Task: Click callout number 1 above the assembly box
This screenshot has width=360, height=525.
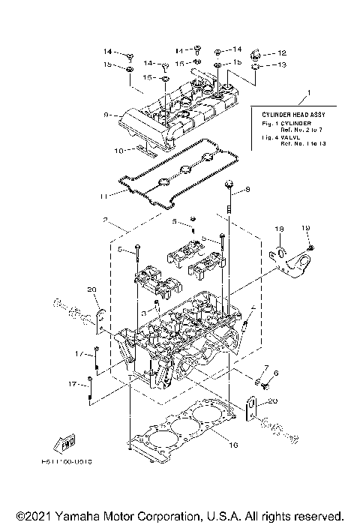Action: tap(306, 95)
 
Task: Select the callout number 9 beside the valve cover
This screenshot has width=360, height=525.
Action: tap(107, 115)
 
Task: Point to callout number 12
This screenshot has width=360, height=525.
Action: tap(282, 53)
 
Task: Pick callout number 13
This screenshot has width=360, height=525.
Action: tap(282, 65)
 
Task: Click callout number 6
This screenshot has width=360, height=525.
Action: tap(276, 373)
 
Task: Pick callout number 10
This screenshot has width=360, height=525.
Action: tap(117, 151)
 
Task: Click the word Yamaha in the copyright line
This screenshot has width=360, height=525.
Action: tap(62, 516)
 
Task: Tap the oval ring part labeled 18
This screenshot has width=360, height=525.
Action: tap(278, 252)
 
